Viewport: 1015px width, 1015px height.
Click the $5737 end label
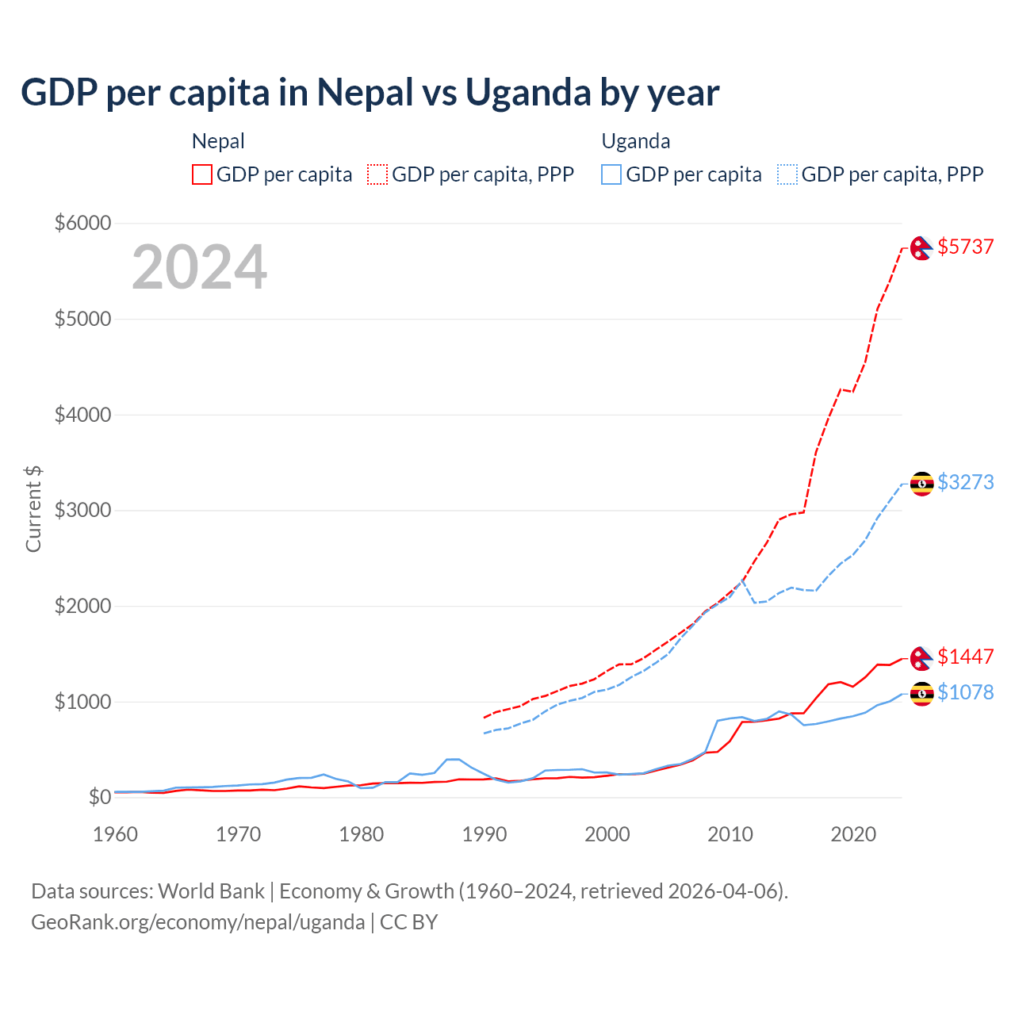965,247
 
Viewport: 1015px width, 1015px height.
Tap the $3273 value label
965,482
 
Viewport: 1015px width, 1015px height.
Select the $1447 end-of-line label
965,657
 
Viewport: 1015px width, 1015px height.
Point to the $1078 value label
965,692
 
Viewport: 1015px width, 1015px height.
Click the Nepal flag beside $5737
921,248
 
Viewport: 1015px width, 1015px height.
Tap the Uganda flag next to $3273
921,483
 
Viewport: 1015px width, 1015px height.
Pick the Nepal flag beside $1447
921,658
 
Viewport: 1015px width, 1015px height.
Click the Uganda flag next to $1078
921,694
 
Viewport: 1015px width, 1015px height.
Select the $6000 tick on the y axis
82,223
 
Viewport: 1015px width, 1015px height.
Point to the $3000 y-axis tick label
82,510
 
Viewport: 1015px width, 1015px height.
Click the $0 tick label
98,796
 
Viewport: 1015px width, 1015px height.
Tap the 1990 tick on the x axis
485,834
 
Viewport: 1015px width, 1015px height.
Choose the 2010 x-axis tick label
730,834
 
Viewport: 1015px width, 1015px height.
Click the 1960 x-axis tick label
116,834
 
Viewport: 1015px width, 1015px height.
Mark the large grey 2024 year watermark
199,267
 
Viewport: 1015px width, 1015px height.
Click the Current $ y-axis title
33,509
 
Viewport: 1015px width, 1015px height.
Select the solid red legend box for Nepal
202,174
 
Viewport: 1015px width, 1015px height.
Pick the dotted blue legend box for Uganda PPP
787,174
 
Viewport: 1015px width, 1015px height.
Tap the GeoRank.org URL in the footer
197,922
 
